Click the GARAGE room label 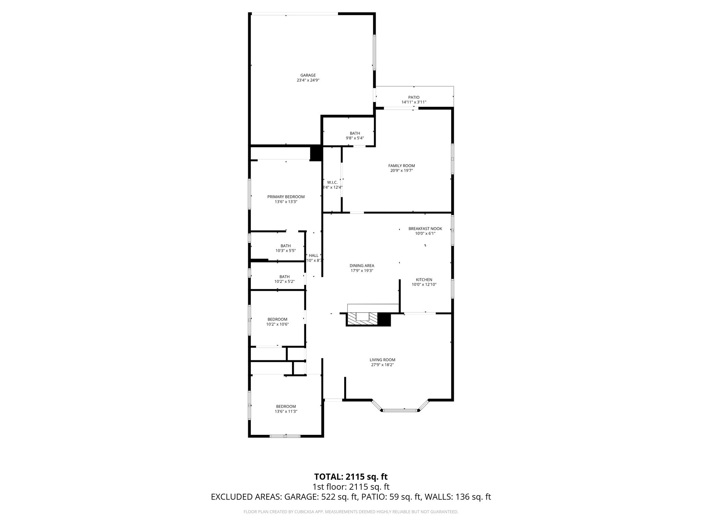coord(308,75)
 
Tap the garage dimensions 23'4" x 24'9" coord(308,80)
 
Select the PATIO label coord(414,97)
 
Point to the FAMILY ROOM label coord(401,166)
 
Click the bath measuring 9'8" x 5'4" coord(355,136)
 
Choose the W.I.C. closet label coord(332,183)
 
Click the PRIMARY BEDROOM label coord(286,197)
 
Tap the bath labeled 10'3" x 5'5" coord(286,248)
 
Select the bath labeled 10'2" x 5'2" coord(285,279)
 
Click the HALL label coord(313,255)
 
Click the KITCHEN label coord(424,280)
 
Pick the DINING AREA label coord(362,265)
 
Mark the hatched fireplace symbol coord(361,318)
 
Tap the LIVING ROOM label coord(382,360)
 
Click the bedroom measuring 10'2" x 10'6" coord(277,322)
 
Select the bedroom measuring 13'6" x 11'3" coord(286,409)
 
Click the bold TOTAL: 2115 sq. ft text coord(351,476)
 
